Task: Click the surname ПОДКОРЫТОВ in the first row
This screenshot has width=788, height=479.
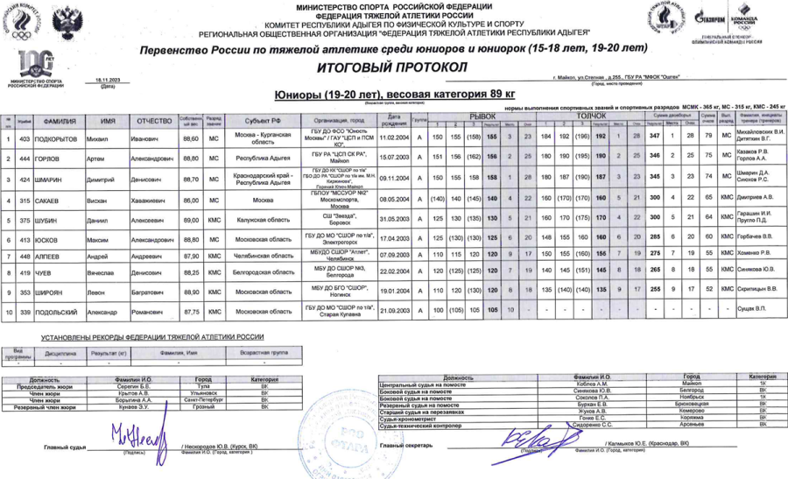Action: click(x=60, y=138)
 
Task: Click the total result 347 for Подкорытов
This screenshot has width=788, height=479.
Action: click(x=654, y=138)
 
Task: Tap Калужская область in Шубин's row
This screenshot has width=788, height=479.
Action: click(x=264, y=219)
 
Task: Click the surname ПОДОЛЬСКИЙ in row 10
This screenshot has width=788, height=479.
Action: click(x=62, y=310)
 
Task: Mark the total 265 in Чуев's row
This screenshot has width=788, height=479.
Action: click(x=654, y=271)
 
